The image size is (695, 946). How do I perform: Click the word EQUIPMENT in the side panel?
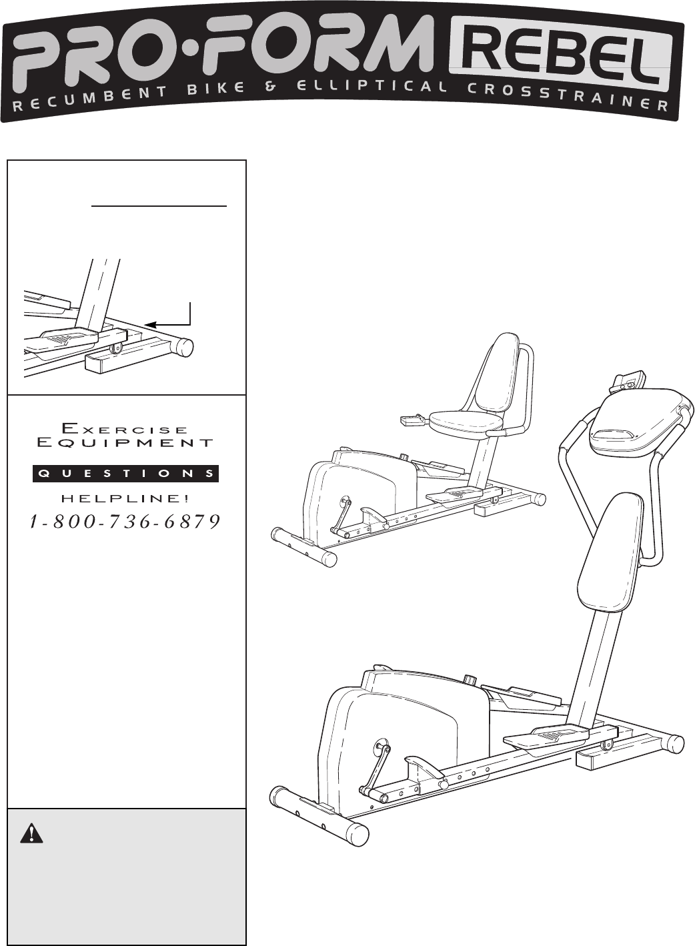coord(125,442)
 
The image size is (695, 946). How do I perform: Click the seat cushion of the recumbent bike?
coord(466,420)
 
